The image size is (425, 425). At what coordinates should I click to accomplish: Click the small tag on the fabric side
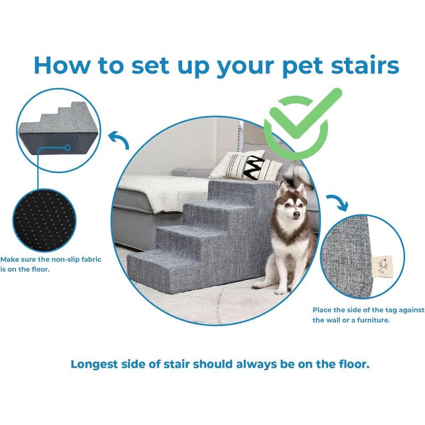coord(381,263)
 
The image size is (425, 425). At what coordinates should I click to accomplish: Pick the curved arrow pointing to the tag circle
coord(337,202)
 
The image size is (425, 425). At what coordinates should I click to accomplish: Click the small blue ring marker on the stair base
coord(67,148)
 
